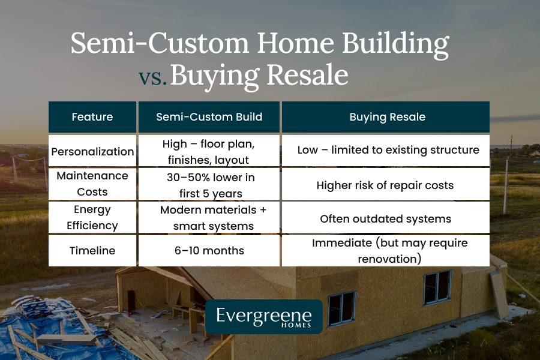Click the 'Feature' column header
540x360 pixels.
(x=92, y=117)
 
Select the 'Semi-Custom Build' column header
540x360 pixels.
(x=209, y=117)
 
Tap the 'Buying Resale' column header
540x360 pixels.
(x=387, y=117)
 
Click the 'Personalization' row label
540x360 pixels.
(x=92, y=151)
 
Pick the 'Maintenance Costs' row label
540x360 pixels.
(x=92, y=184)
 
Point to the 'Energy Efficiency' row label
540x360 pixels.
(x=92, y=217)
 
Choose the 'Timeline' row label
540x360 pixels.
(x=92, y=250)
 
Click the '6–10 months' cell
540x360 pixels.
(x=209, y=250)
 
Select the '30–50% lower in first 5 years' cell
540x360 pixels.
(x=209, y=184)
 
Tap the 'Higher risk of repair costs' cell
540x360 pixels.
(x=387, y=185)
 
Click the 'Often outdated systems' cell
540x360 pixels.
(x=387, y=218)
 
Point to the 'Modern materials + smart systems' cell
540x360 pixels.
(x=209, y=217)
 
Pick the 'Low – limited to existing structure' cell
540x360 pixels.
(x=387, y=150)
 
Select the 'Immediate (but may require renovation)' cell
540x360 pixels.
(x=387, y=250)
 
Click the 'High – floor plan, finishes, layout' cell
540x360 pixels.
(x=209, y=151)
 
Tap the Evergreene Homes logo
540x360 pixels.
(x=263, y=317)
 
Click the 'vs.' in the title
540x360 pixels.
(x=152, y=79)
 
